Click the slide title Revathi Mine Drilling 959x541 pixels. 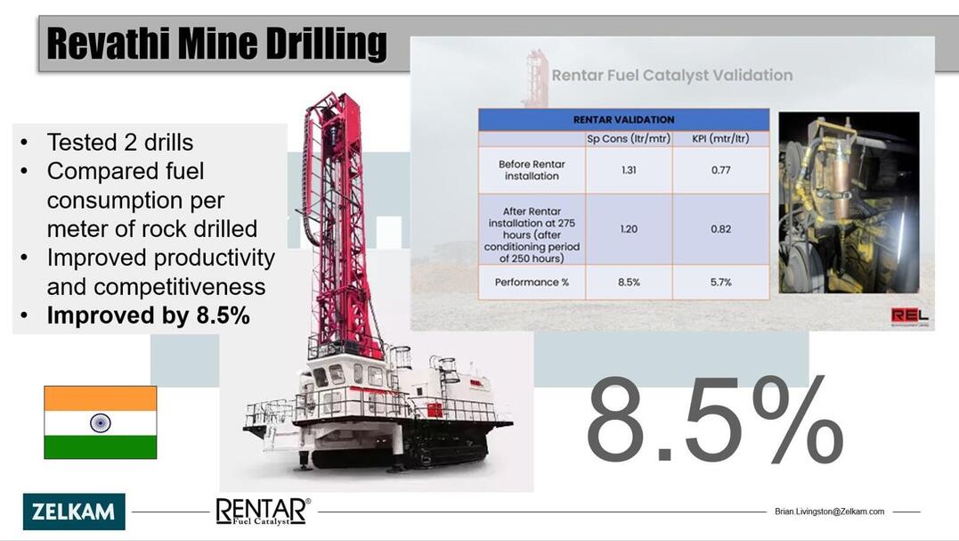[x=216, y=44]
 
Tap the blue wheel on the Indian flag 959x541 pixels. [x=101, y=422]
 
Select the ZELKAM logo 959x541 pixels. [x=74, y=511]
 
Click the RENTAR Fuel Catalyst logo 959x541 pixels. [x=263, y=511]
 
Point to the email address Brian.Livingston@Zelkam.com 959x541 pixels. [x=829, y=511]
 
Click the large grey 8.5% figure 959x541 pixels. [x=714, y=421]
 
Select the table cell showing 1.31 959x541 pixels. [x=629, y=170]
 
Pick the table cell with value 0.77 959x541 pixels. [x=721, y=170]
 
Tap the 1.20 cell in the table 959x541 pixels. [x=629, y=229]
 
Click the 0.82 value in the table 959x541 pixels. [x=721, y=229]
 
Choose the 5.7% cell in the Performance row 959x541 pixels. [x=721, y=283]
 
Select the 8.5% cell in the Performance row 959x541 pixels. [x=629, y=283]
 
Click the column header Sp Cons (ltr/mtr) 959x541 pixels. [x=629, y=139]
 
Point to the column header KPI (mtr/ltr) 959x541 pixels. [x=720, y=139]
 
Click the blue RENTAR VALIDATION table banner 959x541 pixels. [x=624, y=119]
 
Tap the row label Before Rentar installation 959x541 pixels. [x=532, y=170]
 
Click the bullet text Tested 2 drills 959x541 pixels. [x=120, y=143]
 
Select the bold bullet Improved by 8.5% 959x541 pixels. [x=149, y=316]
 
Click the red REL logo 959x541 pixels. [x=909, y=316]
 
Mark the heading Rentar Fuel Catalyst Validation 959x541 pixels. [x=672, y=75]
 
